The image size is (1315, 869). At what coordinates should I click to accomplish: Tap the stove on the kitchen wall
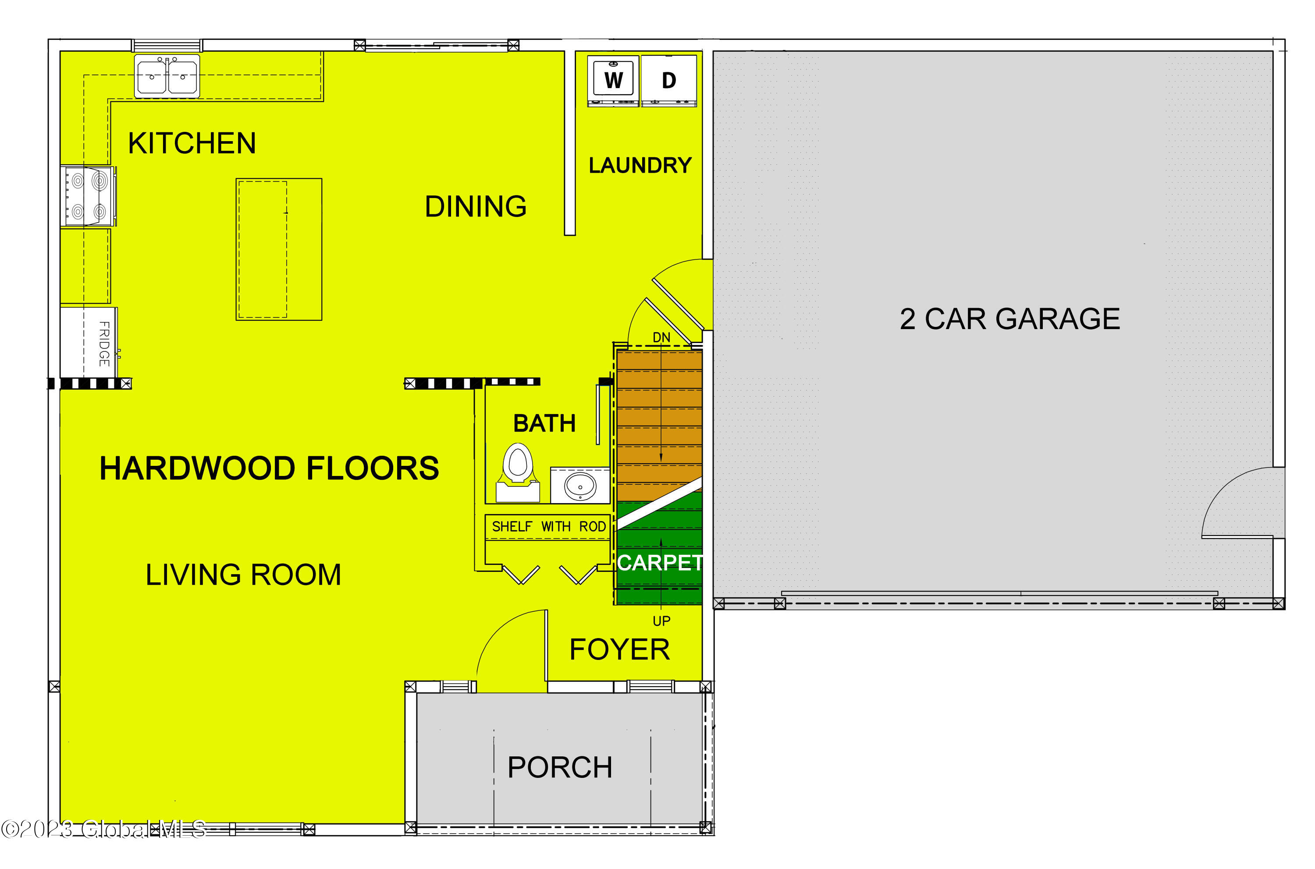pyautogui.click(x=88, y=196)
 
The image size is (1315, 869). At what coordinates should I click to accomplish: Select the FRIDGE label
pyautogui.click(x=104, y=344)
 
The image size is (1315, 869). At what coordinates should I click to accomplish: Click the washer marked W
pyautogui.click(x=613, y=80)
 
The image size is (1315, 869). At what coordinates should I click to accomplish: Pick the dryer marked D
pyautogui.click(x=668, y=80)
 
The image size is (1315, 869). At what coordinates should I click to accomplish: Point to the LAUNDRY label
pyautogui.click(x=640, y=165)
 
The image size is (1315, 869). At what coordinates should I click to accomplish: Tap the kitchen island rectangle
pyautogui.click(x=279, y=249)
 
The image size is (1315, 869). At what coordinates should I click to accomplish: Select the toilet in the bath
pyautogui.click(x=518, y=471)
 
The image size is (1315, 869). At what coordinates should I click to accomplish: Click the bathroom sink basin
pyautogui.click(x=580, y=486)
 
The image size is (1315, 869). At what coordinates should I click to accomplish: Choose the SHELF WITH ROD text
pyautogui.click(x=548, y=526)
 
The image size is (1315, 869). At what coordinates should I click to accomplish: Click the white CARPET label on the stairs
pyautogui.click(x=660, y=563)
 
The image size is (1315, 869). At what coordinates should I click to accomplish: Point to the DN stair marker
pyautogui.click(x=661, y=337)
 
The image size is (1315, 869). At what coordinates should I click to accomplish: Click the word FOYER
pyautogui.click(x=619, y=649)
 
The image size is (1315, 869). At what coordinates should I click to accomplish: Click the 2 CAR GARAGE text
pyautogui.click(x=1009, y=319)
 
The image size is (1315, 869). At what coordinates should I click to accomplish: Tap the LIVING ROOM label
pyautogui.click(x=243, y=574)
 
